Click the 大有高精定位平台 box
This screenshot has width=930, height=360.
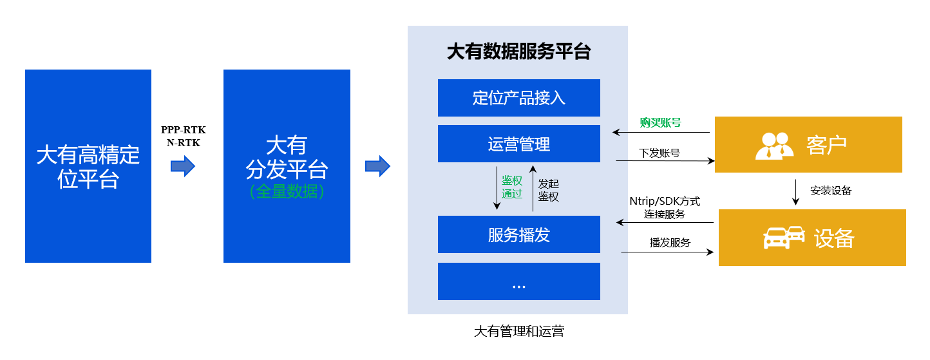click(x=88, y=166)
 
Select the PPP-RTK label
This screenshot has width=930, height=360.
click(x=184, y=129)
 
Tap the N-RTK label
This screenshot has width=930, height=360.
click(x=184, y=143)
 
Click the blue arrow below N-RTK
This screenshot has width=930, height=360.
click(x=182, y=167)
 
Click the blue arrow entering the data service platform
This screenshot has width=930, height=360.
click(x=377, y=166)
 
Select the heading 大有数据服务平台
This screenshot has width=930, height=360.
click(x=518, y=52)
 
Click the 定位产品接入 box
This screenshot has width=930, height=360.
click(x=518, y=98)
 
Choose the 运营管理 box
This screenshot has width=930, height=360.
click(x=518, y=144)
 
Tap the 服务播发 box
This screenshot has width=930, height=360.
click(x=518, y=234)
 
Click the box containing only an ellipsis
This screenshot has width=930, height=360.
click(x=518, y=281)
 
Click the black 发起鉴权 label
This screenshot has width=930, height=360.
click(x=548, y=191)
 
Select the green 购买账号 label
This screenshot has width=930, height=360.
click(x=660, y=122)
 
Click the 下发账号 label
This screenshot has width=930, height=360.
click(x=660, y=153)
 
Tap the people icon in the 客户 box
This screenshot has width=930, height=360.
click(x=774, y=145)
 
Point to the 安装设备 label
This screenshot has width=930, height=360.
click(x=831, y=191)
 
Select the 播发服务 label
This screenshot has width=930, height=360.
click(x=670, y=243)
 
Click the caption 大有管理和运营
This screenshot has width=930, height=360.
click(x=518, y=332)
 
